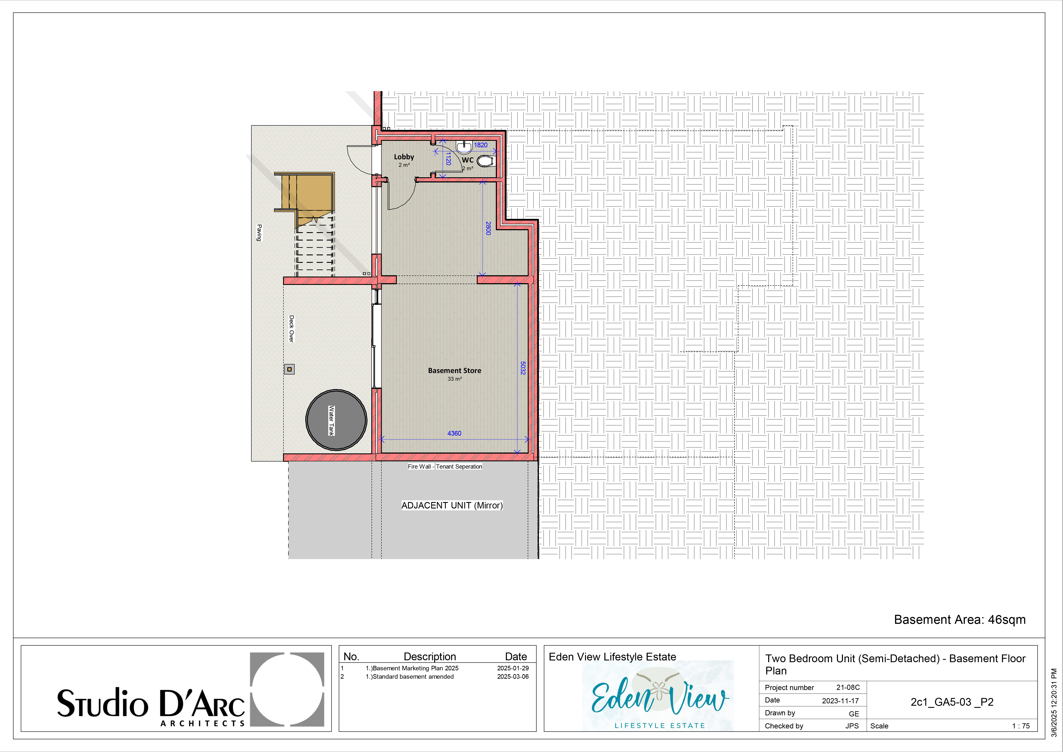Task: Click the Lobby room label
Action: (x=404, y=157)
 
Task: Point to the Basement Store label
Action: (x=455, y=370)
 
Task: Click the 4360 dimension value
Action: (x=454, y=433)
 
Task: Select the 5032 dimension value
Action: (x=523, y=368)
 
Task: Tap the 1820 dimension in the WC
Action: (x=481, y=145)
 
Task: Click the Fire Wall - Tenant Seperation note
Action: (x=445, y=466)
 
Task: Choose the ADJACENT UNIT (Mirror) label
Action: (x=452, y=505)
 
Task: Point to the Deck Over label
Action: (x=291, y=329)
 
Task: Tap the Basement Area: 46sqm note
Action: (x=960, y=620)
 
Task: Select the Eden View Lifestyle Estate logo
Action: (x=658, y=695)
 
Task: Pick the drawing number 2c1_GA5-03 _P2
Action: (x=952, y=702)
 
